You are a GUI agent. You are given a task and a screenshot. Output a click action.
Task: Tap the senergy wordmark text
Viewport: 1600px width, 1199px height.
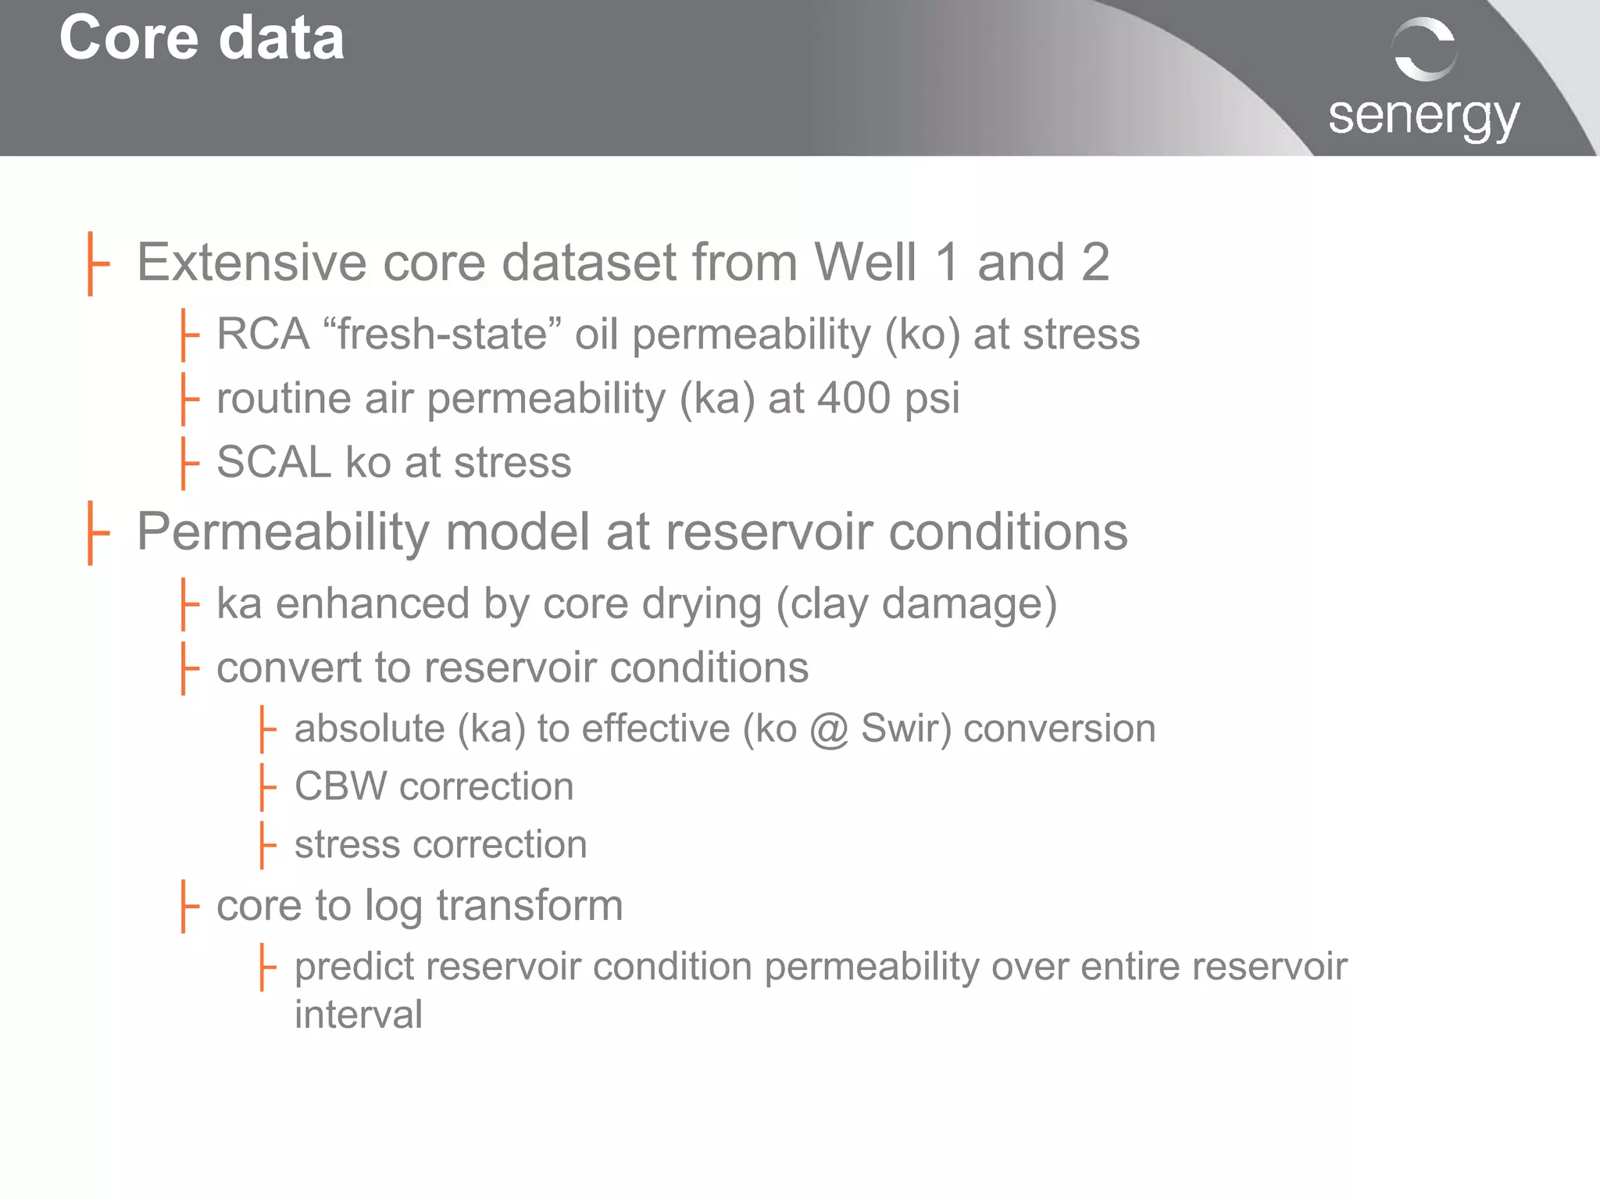(1423, 117)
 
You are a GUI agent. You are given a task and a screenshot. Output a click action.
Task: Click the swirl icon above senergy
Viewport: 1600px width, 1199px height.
(1424, 48)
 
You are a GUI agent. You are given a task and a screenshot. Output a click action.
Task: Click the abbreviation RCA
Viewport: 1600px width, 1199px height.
(262, 335)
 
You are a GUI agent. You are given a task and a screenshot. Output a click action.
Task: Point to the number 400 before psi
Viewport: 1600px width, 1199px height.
(854, 398)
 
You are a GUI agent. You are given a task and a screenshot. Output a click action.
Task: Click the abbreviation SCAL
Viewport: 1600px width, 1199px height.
(273, 462)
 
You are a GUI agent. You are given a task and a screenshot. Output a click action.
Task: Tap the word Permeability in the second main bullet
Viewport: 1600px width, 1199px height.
(283, 532)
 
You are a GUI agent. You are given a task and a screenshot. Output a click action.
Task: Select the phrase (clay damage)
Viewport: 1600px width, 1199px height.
(916, 604)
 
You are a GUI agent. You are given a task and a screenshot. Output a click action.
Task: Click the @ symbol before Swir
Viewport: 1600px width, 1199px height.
(829, 729)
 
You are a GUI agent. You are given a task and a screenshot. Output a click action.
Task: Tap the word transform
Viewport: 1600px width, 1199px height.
(529, 906)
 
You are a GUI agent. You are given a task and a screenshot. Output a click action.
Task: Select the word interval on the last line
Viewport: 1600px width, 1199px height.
(359, 1015)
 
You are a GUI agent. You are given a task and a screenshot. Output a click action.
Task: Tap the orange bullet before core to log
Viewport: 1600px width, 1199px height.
(187, 907)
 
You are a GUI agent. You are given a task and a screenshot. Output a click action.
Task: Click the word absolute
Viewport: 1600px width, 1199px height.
(370, 729)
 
